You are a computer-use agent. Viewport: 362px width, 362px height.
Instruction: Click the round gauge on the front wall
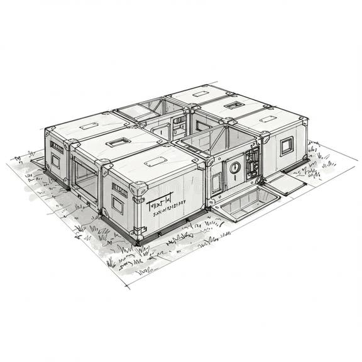click(x=234, y=167)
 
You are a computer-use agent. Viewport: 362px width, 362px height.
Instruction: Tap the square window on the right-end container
click(x=286, y=146)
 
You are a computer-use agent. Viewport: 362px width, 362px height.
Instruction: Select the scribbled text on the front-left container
click(x=165, y=206)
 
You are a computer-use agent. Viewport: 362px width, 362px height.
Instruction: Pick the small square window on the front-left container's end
click(x=118, y=204)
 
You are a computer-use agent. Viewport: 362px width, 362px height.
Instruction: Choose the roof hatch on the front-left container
click(x=155, y=162)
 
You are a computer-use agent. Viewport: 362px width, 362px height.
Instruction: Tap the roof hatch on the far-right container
click(x=268, y=118)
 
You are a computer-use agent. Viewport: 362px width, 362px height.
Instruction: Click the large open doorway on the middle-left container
click(x=85, y=178)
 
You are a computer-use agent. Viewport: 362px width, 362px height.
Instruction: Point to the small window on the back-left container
click(x=55, y=161)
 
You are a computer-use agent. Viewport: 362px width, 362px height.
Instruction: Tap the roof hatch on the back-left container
click(x=89, y=126)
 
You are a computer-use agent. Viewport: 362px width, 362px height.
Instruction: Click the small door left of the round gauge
click(x=217, y=182)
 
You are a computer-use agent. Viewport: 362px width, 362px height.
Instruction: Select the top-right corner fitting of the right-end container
click(x=304, y=119)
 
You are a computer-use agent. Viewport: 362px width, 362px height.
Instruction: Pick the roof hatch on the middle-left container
click(x=118, y=142)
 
